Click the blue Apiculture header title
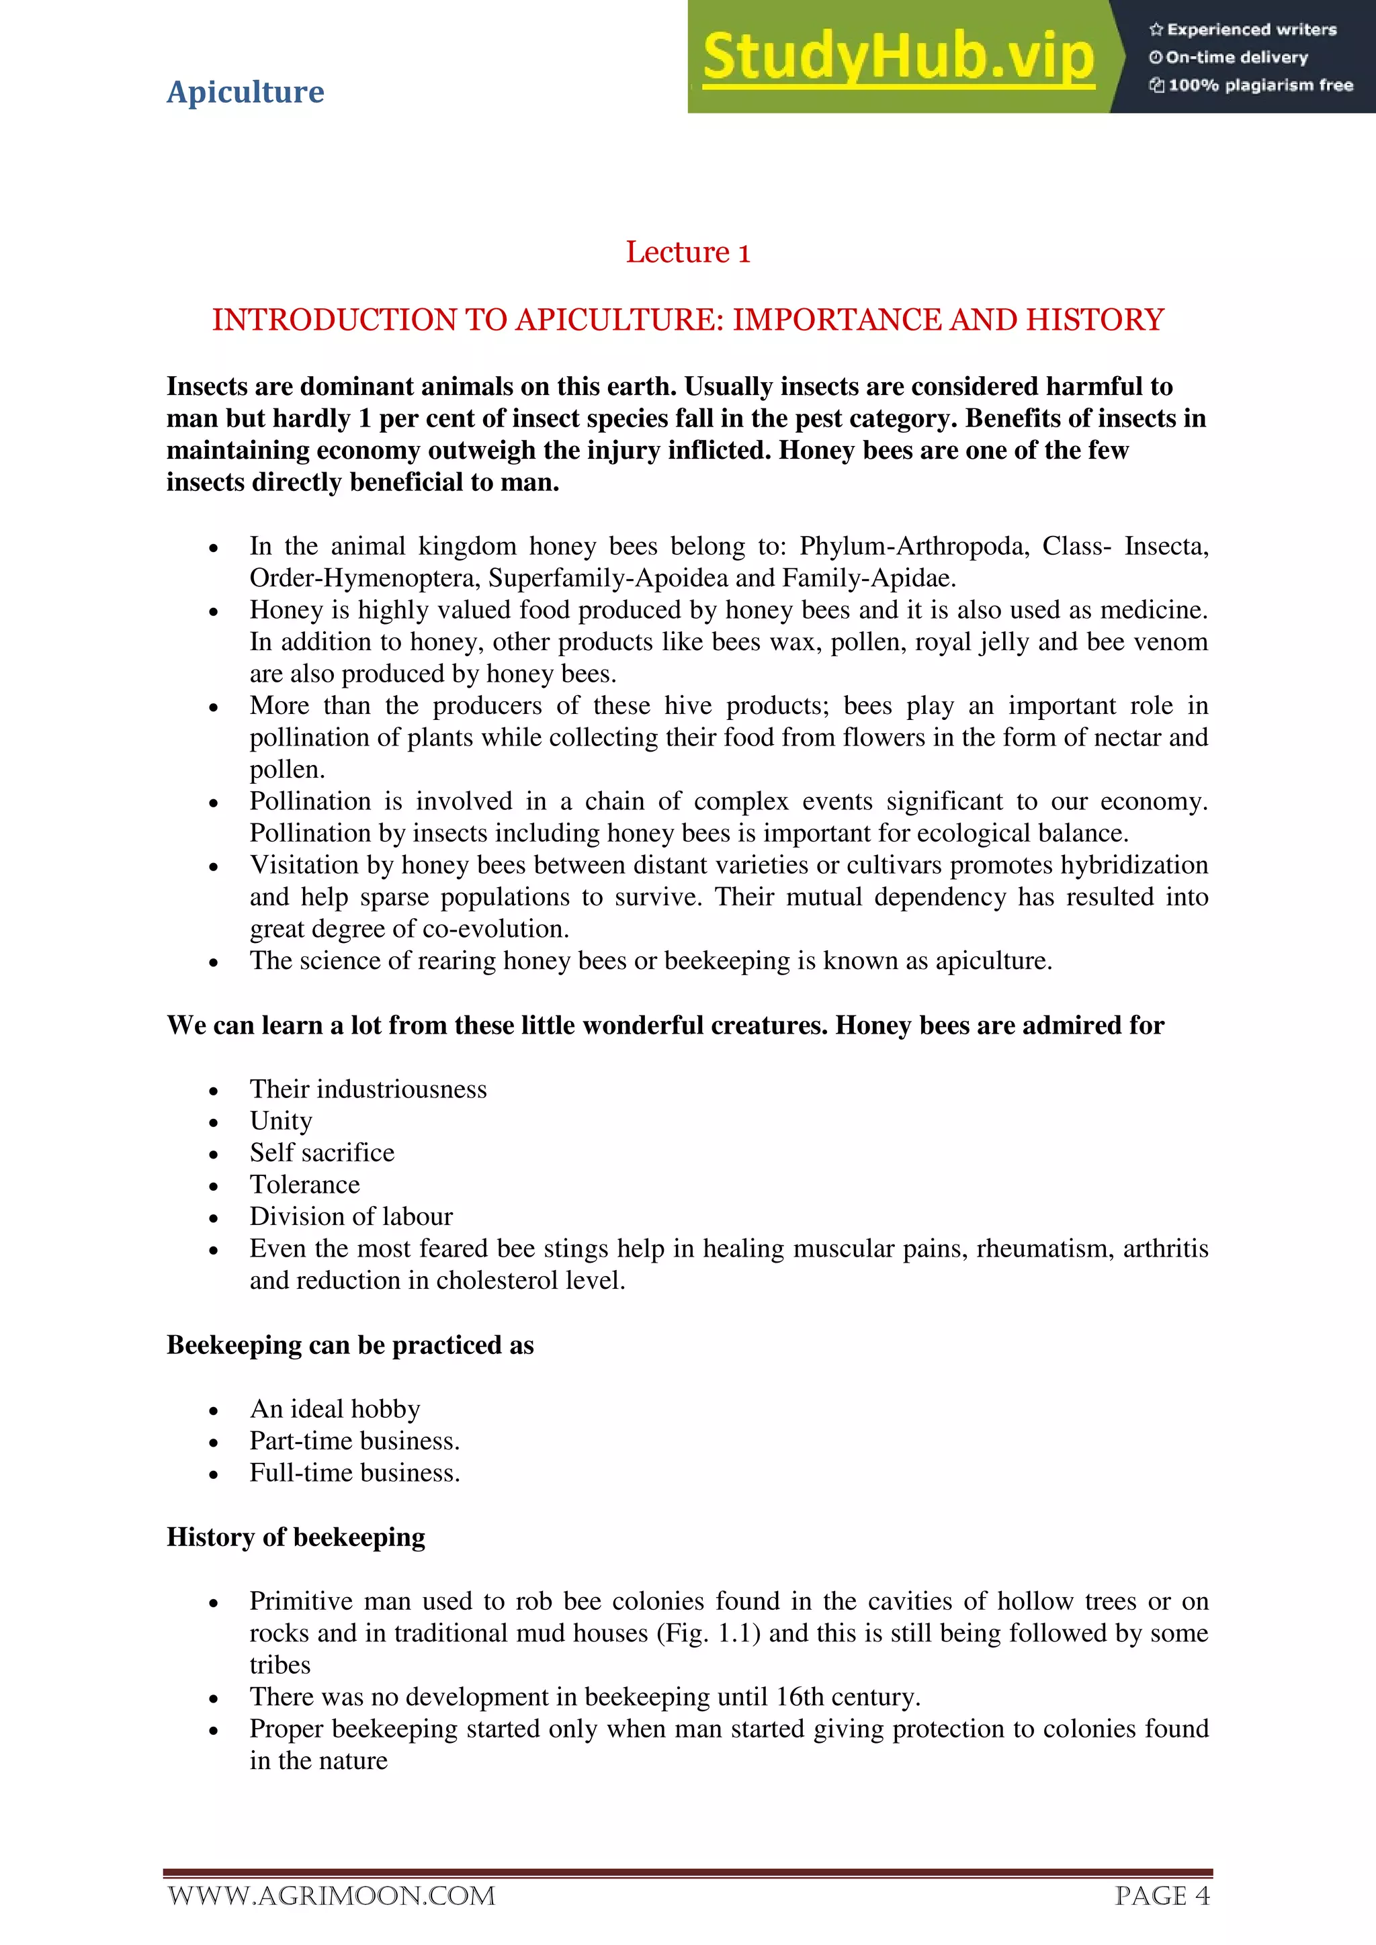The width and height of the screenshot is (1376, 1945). (x=245, y=91)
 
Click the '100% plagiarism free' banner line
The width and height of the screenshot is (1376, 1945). (x=1252, y=85)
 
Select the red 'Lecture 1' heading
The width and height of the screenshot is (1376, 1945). (x=687, y=253)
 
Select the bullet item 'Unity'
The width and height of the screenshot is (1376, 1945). (x=280, y=1121)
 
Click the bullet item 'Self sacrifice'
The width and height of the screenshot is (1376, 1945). (x=322, y=1153)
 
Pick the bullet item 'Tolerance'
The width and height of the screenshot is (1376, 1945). (x=304, y=1185)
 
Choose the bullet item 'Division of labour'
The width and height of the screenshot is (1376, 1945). (x=351, y=1218)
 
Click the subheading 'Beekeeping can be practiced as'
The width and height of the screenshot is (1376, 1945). (x=350, y=1345)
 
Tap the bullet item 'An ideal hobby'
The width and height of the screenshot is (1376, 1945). (x=335, y=1409)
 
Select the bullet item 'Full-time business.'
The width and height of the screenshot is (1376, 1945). (x=354, y=1473)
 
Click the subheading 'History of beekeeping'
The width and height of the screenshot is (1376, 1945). (x=296, y=1537)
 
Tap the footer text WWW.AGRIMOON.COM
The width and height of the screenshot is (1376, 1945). (x=331, y=1896)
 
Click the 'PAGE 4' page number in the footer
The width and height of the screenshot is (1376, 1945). (x=1162, y=1896)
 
